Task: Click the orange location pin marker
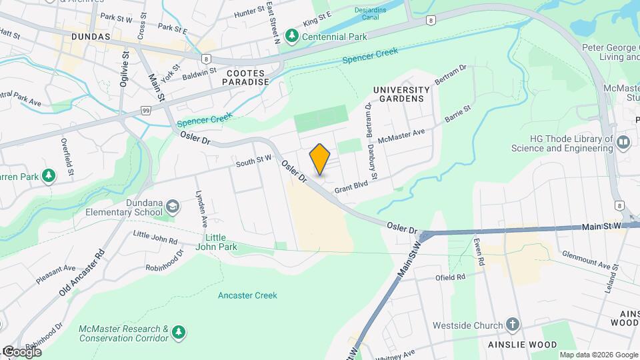pos(320,159)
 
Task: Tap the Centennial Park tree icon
pos(291,35)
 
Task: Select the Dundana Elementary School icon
pos(173,207)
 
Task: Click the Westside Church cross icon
pos(512,325)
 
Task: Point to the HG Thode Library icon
pos(623,142)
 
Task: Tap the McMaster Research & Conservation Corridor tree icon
pos(177,332)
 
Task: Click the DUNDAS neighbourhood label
pos(87,37)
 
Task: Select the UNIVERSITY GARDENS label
pos(401,94)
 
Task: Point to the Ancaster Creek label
pos(247,295)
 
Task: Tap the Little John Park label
pos(220,241)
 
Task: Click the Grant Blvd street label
pos(351,189)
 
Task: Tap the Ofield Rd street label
pos(450,277)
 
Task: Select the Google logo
pos(21,352)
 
